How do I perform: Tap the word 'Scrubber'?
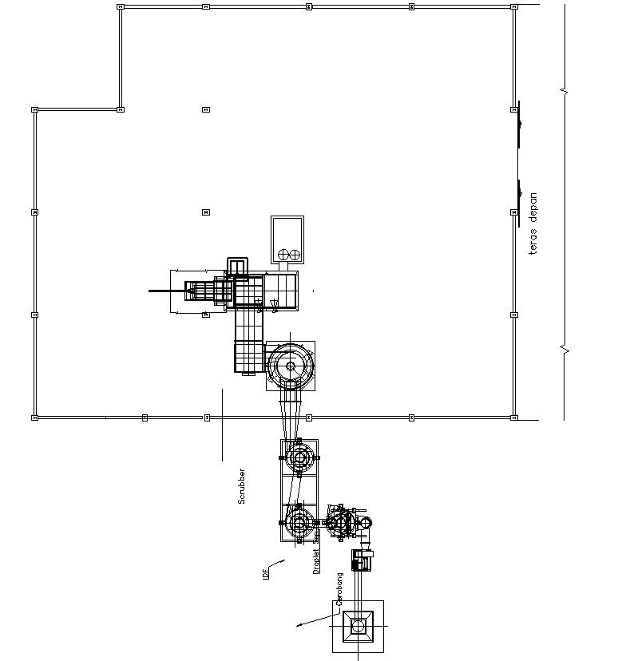[x=241, y=485]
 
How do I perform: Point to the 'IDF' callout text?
[x=266, y=572]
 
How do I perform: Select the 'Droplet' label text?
[x=316, y=560]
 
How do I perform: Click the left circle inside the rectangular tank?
[x=281, y=255]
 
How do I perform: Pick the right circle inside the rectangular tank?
[x=294, y=255]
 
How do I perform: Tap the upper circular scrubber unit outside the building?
[x=300, y=457]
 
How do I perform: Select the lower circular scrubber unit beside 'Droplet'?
[x=300, y=523]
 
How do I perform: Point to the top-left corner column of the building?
[x=121, y=6]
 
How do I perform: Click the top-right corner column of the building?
[x=513, y=6]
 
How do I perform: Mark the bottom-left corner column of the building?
[x=34, y=417]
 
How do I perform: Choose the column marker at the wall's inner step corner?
[x=121, y=109]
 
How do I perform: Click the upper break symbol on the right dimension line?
[x=565, y=92]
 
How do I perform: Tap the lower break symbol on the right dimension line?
[x=565, y=349]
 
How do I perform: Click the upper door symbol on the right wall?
[x=519, y=124]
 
